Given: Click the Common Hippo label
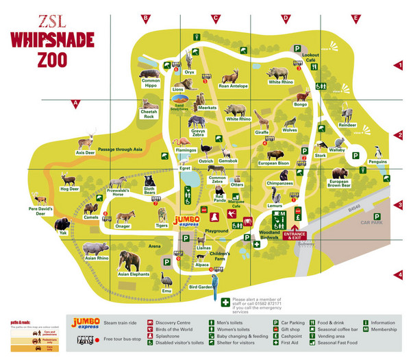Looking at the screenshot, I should pos(151,83).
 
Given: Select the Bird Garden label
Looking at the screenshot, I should pos(201,287).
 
